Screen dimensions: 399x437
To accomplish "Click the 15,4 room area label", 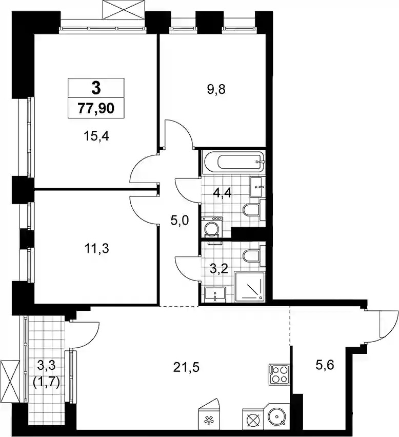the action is [96, 136].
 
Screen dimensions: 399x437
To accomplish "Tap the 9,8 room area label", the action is [216, 90].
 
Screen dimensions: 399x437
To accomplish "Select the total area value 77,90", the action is [96, 108].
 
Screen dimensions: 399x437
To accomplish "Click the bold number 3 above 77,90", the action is [96, 88].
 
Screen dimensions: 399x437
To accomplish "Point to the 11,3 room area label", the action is [97, 248].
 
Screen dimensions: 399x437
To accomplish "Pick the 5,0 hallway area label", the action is [179, 221].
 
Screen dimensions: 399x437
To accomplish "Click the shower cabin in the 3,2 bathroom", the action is [250, 287].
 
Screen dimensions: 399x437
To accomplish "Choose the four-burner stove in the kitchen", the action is [279, 374].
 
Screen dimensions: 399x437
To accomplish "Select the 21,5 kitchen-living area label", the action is [186, 368].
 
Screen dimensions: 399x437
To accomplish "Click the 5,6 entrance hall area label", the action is [325, 365].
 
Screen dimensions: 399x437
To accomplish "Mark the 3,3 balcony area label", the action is [46, 365].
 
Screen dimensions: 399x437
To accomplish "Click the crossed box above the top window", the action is [124, 10].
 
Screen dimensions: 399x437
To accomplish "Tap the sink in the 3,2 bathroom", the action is [215, 294].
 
